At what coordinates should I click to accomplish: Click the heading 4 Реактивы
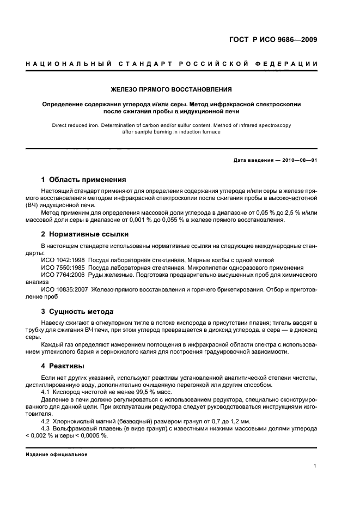[63, 366]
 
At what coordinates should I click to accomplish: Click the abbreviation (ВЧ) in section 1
[34, 207]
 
